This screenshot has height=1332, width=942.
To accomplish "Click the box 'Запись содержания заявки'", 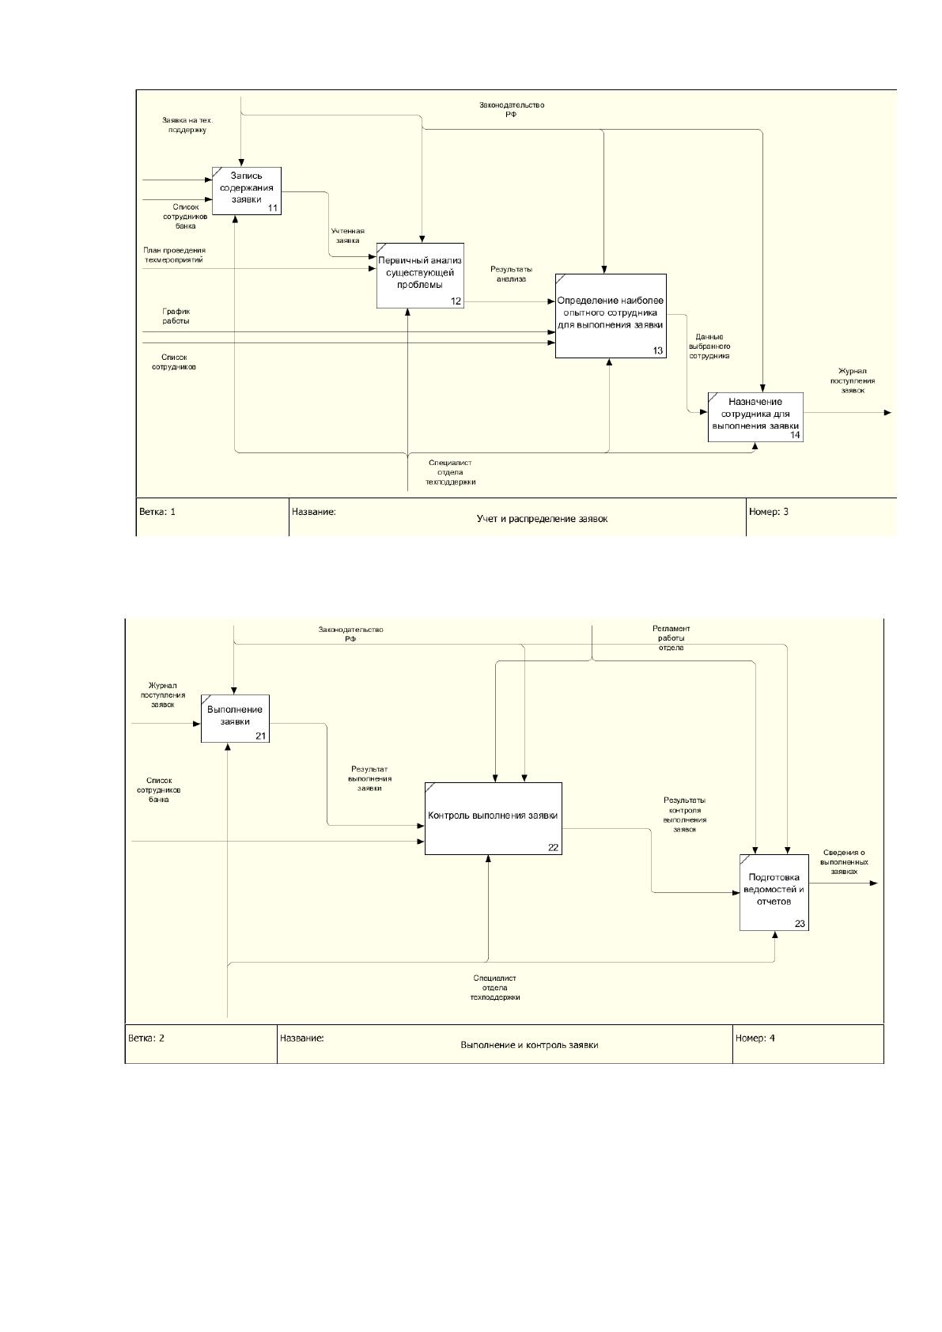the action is pyautogui.click(x=247, y=191).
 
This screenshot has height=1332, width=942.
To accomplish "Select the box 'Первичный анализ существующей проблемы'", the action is pyautogui.click(x=421, y=275).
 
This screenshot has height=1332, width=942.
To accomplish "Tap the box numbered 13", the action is pyautogui.click(x=611, y=316).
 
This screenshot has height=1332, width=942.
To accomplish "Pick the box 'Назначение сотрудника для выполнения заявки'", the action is pyautogui.click(x=755, y=417).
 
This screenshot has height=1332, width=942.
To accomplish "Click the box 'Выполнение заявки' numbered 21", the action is pyautogui.click(x=235, y=718).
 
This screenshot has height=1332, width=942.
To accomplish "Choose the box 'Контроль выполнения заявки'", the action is pyautogui.click(x=493, y=818).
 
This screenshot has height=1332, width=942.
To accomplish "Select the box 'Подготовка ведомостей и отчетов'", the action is pyautogui.click(x=774, y=892).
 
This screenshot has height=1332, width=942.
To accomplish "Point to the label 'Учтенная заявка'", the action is pyautogui.click(x=348, y=236).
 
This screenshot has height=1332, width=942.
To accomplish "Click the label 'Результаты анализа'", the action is pyautogui.click(x=512, y=274).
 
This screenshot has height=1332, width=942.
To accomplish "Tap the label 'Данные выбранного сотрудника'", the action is pyautogui.click(x=709, y=346).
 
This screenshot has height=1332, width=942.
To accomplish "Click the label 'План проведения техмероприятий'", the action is pyautogui.click(x=174, y=255).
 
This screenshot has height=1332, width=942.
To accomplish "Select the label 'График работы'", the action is pyautogui.click(x=176, y=316).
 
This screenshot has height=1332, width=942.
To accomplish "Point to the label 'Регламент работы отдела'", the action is pyautogui.click(x=671, y=638).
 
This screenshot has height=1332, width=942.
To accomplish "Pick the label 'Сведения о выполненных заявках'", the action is pyautogui.click(x=844, y=861).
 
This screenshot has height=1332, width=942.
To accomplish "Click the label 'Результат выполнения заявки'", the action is pyautogui.click(x=369, y=778).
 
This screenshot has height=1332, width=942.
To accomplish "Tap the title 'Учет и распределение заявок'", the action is pyautogui.click(x=542, y=519).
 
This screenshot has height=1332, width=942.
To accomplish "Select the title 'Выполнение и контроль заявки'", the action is pyautogui.click(x=529, y=1045).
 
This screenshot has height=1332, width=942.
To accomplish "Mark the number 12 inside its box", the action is pyautogui.click(x=456, y=301).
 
